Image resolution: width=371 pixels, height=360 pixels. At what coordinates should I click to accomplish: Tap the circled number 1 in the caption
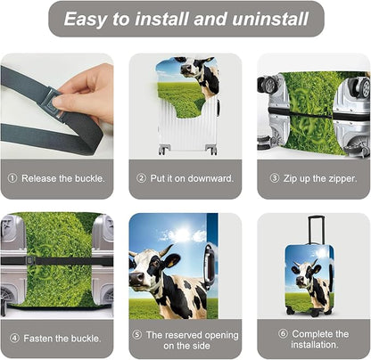pyautogui.click(x=13, y=177)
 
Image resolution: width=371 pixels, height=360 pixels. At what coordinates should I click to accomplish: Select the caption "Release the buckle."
pyautogui.click(x=62, y=177)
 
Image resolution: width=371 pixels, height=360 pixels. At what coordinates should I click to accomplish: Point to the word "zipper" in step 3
pyautogui.click(x=332, y=177)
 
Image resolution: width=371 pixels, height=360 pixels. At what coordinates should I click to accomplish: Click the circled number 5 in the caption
pyautogui.click(x=136, y=334)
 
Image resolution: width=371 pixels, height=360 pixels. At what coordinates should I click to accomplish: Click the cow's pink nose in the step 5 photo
pyautogui.click(x=136, y=286)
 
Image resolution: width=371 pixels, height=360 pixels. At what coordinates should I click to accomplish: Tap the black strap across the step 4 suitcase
pyautogui.click(x=54, y=262)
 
